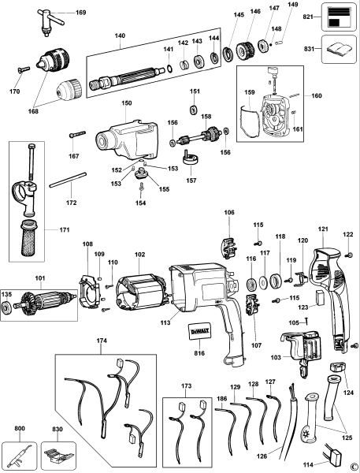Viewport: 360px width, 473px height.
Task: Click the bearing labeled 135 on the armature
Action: (x=8, y=307)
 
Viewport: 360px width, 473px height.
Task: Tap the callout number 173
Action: (x=186, y=389)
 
